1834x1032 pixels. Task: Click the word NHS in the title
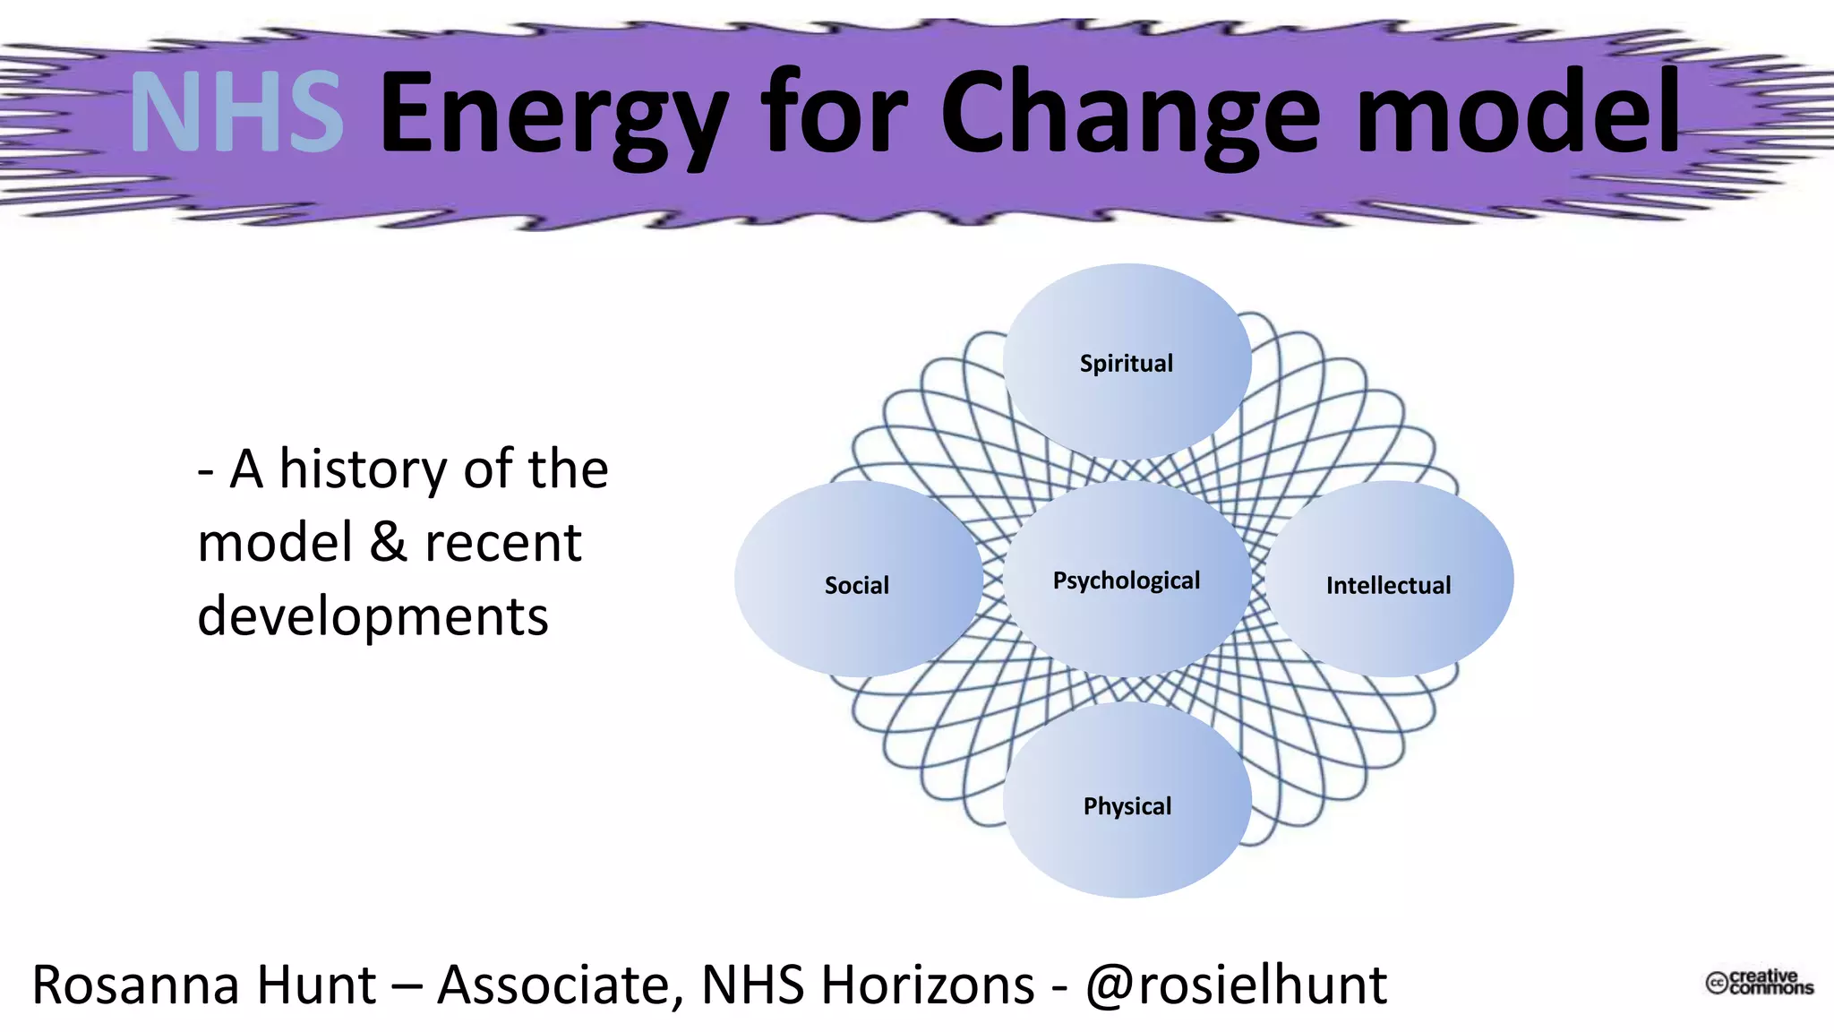[x=236, y=113]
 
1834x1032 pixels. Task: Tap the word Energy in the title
[x=553, y=116]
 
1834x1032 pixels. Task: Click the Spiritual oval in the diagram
[x=1127, y=362]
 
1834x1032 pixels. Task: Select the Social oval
[x=857, y=584]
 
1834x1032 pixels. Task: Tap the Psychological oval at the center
[x=1127, y=580]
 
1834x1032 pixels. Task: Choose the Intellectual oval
[x=1388, y=584]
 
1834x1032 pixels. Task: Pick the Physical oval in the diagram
[x=1127, y=804]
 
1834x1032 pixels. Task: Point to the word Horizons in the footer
[x=928, y=985]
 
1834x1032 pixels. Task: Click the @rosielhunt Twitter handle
[x=1236, y=985]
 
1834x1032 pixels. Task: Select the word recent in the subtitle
[x=503, y=543]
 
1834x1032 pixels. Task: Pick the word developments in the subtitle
[x=373, y=618]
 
